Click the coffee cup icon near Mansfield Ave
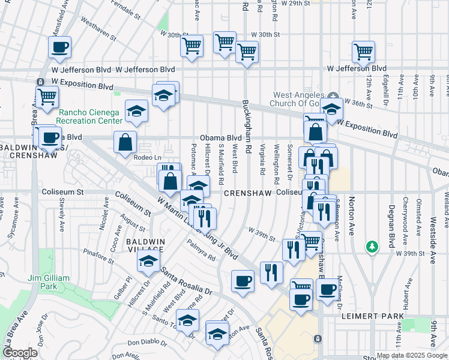tap(59, 47)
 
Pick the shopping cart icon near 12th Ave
tap(363, 52)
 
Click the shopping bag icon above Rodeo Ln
tap(125, 143)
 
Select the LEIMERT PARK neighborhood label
tap(367, 316)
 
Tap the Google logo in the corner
tap(20, 353)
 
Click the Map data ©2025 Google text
tap(412, 355)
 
